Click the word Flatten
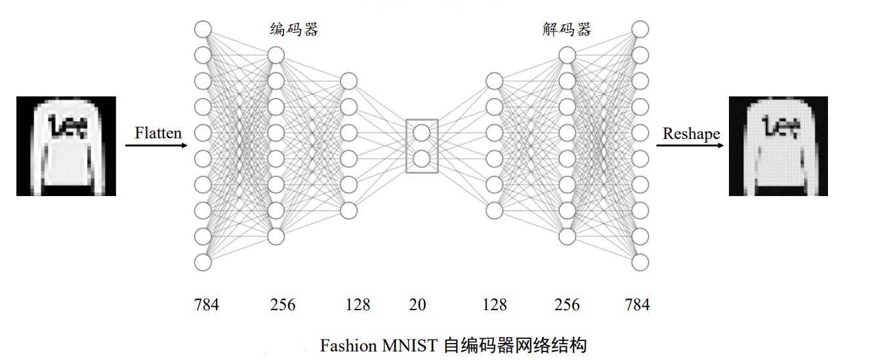click(158, 133)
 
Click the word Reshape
click(691, 134)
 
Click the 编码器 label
click(294, 30)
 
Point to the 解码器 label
click(567, 30)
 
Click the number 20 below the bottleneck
click(417, 305)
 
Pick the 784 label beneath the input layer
click(206, 305)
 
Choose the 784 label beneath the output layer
click(637, 305)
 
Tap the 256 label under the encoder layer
click(283, 305)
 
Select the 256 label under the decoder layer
click(567, 305)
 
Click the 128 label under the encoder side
click(358, 305)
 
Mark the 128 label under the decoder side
click(494, 305)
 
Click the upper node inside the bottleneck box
click(421, 133)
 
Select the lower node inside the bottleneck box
click(421, 159)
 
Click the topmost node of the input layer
click(203, 30)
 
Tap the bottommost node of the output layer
click(640, 262)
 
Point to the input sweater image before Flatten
click(66, 146)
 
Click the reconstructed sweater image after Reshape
click(778, 146)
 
